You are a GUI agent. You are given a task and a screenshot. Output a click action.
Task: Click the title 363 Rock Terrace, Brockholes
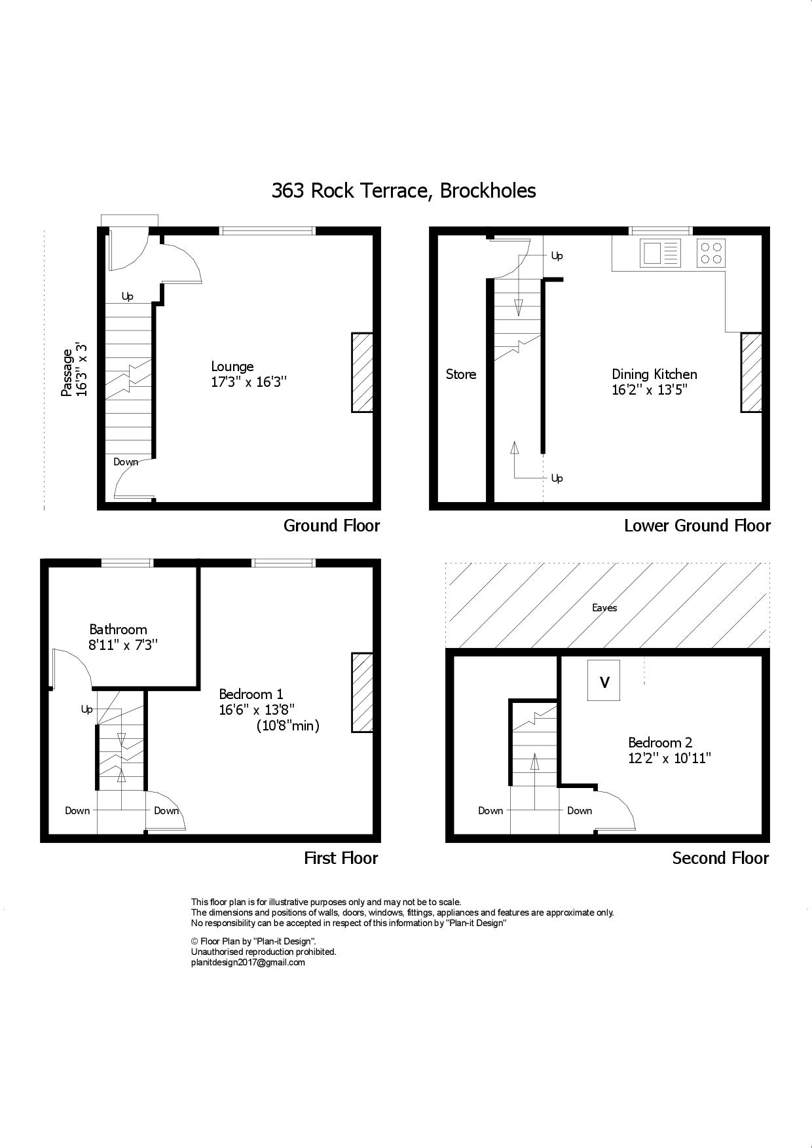(403, 190)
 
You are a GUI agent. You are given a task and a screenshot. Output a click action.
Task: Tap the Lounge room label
(232, 367)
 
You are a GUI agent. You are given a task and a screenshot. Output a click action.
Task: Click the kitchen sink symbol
(661, 253)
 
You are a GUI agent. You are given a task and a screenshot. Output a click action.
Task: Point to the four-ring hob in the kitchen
(710, 253)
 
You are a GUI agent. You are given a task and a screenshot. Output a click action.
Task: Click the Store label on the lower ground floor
(461, 374)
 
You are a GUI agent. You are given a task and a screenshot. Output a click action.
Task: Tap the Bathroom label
(118, 630)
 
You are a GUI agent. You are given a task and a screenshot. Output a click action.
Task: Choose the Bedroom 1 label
(251, 694)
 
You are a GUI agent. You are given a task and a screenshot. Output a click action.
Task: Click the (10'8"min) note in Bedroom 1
(287, 725)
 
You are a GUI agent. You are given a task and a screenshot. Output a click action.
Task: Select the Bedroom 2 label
(660, 742)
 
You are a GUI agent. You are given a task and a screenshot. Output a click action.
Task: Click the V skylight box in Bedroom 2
(604, 681)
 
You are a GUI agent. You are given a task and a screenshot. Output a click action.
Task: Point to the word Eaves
(604, 608)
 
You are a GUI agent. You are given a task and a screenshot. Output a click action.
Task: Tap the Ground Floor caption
(331, 526)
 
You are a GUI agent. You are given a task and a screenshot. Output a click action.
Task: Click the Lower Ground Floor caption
(697, 526)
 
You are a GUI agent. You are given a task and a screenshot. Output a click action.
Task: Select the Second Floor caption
(720, 858)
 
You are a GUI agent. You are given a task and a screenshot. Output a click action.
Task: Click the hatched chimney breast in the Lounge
(362, 372)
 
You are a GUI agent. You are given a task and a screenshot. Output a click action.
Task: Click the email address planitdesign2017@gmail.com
(248, 962)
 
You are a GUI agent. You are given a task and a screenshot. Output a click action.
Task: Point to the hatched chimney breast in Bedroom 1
(362, 692)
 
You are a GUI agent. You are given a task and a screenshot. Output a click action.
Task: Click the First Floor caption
(341, 858)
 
